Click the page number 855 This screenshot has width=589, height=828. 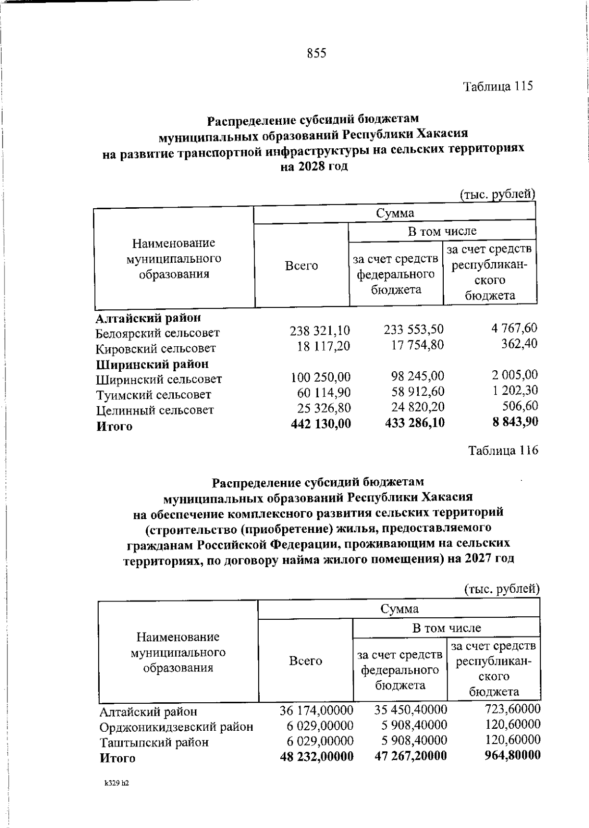[317, 53]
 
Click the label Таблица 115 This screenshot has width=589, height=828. [498, 86]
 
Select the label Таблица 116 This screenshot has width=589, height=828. [503, 450]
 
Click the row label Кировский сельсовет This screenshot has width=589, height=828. [156, 349]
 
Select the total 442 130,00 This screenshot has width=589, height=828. [321, 423]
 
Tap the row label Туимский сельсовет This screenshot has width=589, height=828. [153, 395]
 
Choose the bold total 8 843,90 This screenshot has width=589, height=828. [514, 421]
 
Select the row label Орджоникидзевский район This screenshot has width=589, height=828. [176, 727]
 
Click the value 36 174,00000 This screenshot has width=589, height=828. [317, 710]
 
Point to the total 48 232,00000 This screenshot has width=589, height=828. [317, 756]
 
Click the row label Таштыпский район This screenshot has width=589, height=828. [154, 742]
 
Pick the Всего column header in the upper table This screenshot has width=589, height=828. [301, 266]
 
